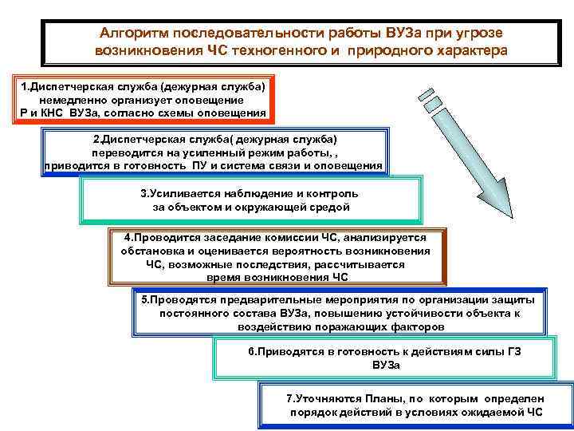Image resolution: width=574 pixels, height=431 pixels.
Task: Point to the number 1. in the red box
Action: [24, 85]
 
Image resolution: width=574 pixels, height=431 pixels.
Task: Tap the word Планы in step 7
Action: [370, 397]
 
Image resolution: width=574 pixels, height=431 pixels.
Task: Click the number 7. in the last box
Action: [291, 397]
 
